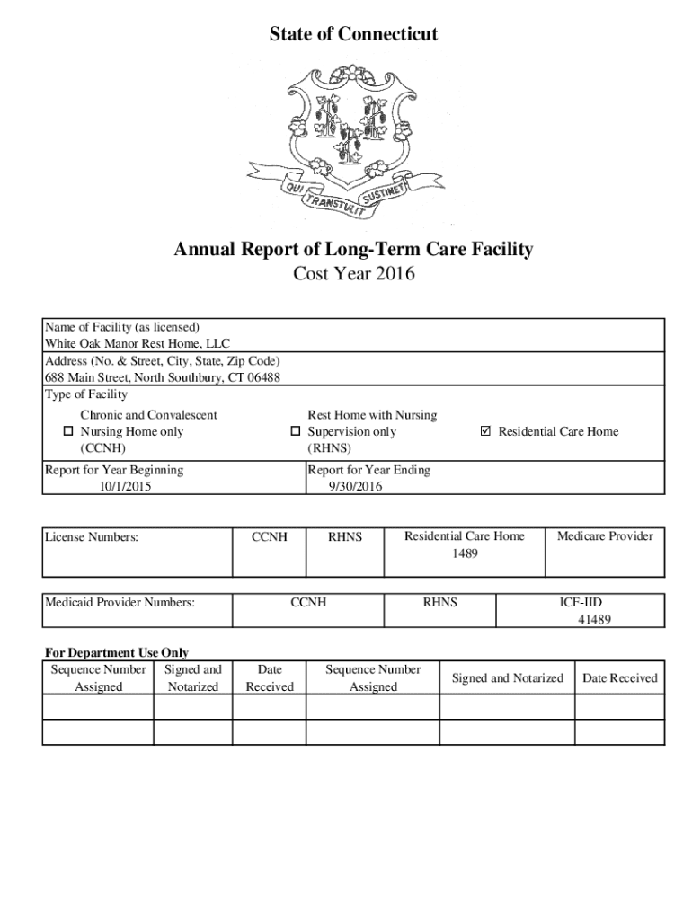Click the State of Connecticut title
click(354, 34)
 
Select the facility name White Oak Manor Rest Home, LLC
click(138, 343)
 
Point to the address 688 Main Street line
click(163, 377)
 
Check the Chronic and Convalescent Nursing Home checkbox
click(67, 432)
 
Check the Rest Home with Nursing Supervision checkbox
click(295, 432)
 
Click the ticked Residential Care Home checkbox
click(486, 432)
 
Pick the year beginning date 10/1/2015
click(125, 486)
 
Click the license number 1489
click(465, 553)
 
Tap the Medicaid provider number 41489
click(594, 619)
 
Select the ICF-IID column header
click(587, 602)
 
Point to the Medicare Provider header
click(605, 536)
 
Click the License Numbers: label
click(93, 537)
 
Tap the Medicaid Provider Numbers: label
click(120, 602)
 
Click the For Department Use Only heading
click(117, 653)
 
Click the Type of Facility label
click(86, 394)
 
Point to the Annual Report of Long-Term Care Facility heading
click(353, 249)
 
